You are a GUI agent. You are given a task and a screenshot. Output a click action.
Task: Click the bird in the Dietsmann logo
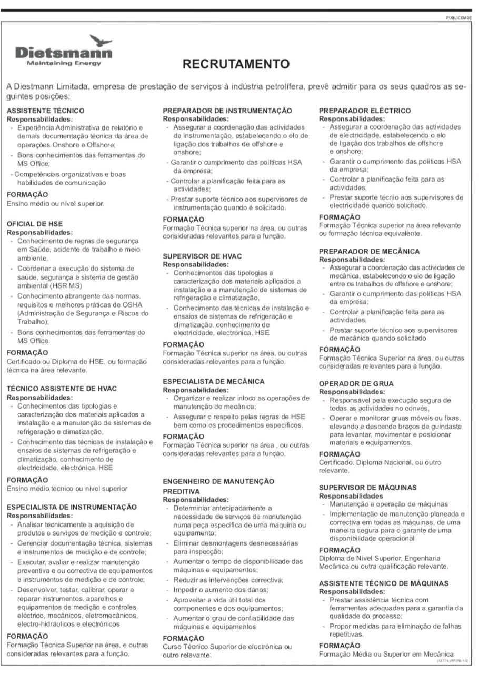(101, 41)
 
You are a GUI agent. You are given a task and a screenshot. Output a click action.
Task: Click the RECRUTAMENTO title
(236, 64)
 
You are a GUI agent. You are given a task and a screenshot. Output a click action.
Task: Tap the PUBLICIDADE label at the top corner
(459, 17)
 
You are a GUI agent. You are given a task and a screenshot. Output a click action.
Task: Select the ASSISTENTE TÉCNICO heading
(45, 111)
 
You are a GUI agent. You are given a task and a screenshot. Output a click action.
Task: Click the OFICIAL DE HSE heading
(35, 224)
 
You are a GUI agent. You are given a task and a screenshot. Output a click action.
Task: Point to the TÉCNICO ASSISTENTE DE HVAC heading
(62, 389)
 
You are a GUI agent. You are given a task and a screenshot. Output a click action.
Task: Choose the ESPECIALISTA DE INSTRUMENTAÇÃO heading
(72, 507)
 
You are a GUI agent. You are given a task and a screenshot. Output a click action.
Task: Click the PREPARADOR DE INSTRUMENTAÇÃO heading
(227, 111)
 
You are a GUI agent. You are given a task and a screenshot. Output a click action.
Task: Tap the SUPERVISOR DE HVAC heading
(202, 256)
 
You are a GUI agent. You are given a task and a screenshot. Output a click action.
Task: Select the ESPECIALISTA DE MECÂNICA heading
(214, 381)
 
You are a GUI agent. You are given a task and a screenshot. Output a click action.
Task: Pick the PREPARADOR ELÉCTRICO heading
(365, 111)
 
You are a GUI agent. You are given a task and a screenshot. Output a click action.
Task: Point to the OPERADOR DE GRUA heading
(356, 384)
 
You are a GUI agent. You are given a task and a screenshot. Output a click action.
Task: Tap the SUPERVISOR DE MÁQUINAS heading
(367, 488)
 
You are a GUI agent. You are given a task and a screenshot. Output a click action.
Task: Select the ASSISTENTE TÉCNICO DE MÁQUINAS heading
(384, 583)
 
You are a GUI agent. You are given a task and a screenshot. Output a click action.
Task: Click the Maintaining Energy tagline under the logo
(64, 63)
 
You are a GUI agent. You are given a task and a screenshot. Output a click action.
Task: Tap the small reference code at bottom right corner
(453, 660)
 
